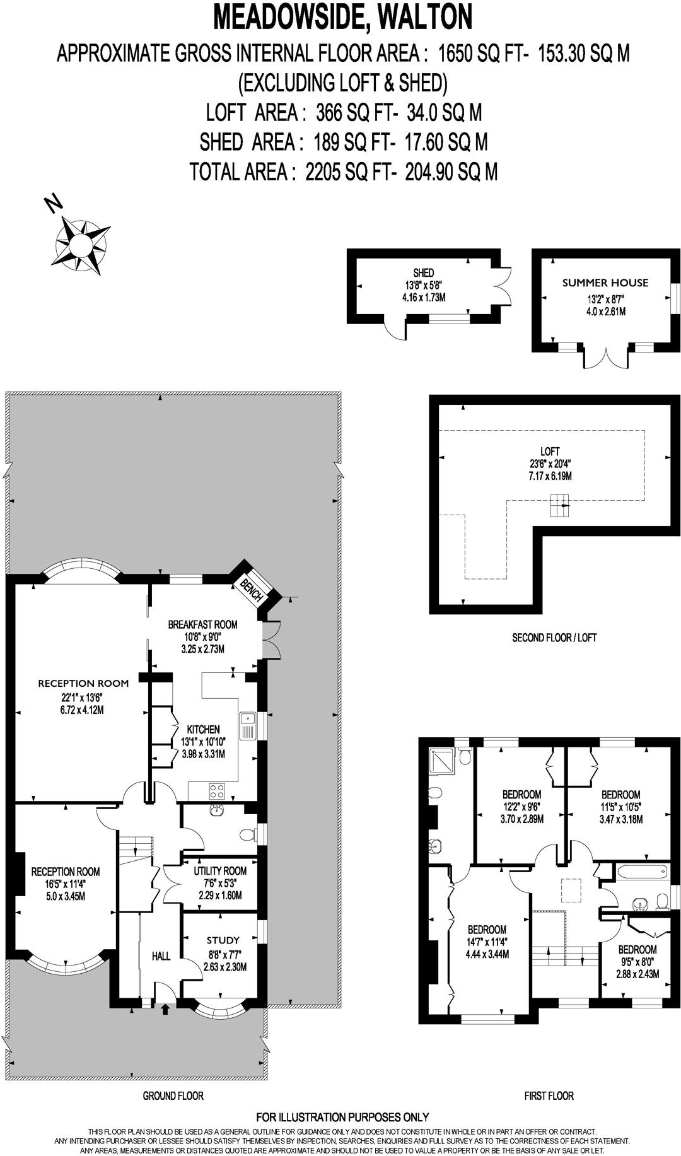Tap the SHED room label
(x=424, y=272)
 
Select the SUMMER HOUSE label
(x=605, y=283)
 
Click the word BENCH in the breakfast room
(x=252, y=590)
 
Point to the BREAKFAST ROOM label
(x=202, y=624)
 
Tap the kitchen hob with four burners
(x=217, y=791)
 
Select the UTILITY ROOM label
(x=220, y=871)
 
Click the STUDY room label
(x=223, y=940)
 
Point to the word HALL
(x=161, y=956)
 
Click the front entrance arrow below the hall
(x=165, y=1009)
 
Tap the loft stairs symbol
(x=559, y=505)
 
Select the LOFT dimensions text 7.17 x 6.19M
(x=550, y=476)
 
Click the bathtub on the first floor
(x=642, y=873)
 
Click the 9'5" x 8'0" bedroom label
(x=637, y=950)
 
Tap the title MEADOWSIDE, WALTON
(x=343, y=17)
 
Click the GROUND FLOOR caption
(x=173, y=1095)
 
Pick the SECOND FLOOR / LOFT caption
(x=554, y=638)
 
